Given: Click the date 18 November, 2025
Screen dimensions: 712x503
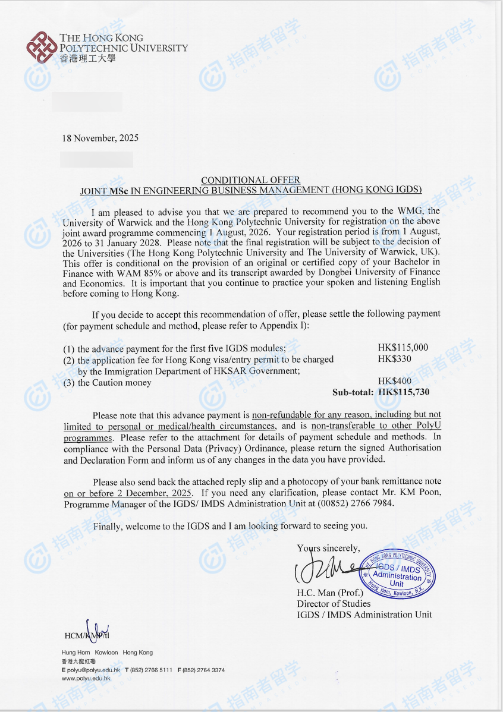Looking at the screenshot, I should (100, 138).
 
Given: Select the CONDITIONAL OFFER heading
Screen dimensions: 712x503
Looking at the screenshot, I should (250, 180).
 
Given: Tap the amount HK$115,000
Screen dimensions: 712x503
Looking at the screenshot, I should (403, 348).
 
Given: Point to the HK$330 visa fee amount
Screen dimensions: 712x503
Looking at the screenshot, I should (394, 359).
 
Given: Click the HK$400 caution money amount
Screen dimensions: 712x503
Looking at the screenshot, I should (394, 381).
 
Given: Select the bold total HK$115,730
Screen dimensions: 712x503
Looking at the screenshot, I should (404, 392).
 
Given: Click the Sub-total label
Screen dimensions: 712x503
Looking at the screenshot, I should (353, 392).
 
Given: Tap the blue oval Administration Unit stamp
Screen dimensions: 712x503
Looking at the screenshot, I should (397, 574).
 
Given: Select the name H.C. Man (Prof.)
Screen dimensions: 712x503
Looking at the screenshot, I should (330, 593).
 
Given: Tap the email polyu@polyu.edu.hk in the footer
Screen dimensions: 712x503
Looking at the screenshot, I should (93, 670).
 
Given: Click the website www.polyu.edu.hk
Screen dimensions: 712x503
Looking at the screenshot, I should (86, 678).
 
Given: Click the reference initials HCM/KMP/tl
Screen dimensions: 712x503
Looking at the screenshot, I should (87, 635).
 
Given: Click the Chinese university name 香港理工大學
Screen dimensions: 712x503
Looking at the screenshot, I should (87, 59).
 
